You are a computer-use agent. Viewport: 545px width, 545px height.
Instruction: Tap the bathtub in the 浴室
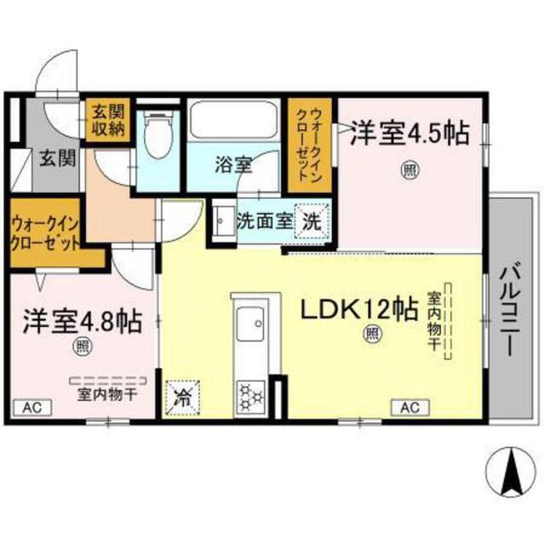(235, 121)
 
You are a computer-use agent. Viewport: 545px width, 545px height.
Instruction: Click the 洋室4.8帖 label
(82, 322)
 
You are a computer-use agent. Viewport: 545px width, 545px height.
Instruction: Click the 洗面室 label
(263, 220)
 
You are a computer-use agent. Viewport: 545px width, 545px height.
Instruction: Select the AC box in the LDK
(410, 407)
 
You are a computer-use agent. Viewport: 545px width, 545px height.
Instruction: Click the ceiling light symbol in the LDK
(373, 335)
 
